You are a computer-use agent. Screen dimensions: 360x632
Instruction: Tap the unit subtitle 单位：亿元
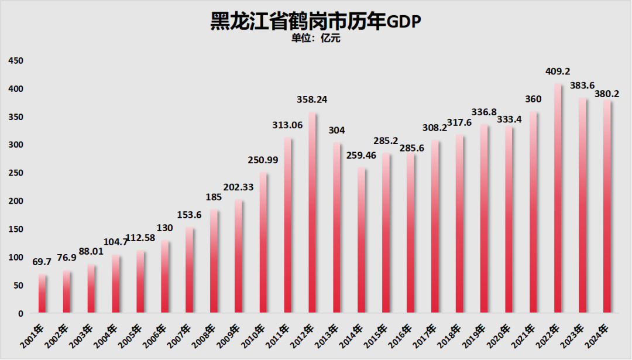click(x=315, y=39)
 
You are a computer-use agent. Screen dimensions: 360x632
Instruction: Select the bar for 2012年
click(x=312, y=213)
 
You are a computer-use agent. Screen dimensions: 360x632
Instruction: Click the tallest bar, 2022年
click(x=558, y=199)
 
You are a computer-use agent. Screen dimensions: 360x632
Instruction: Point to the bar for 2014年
click(x=362, y=241)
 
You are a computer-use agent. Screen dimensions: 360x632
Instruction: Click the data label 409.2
click(x=558, y=71)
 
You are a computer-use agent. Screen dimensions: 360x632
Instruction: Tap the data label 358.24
click(x=312, y=100)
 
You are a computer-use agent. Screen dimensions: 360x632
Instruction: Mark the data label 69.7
click(x=42, y=262)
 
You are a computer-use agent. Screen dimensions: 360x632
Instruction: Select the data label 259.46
click(x=361, y=156)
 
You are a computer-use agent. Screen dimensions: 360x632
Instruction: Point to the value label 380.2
click(x=607, y=93)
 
